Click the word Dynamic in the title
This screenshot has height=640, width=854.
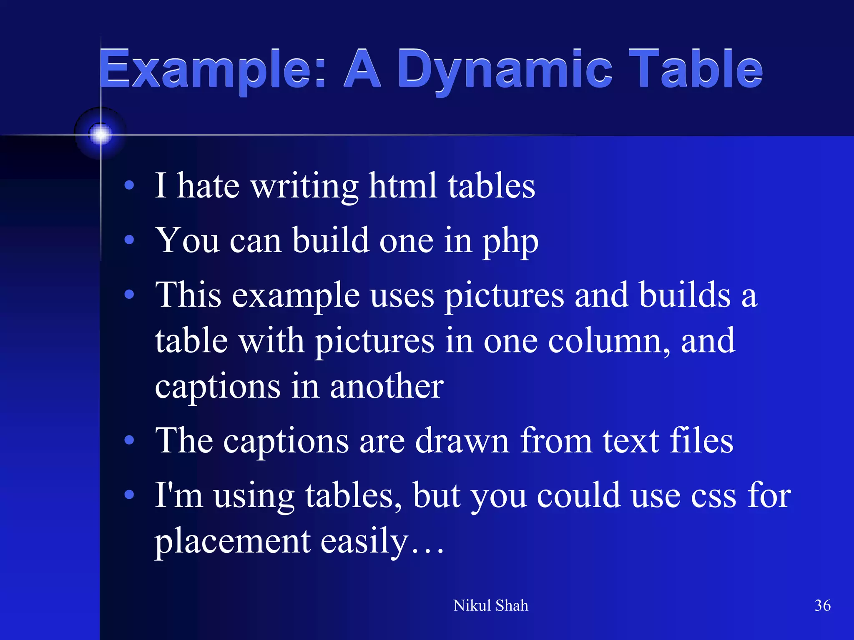click(x=505, y=70)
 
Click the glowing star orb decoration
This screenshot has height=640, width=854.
click(x=100, y=134)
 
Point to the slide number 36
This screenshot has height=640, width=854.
click(x=822, y=605)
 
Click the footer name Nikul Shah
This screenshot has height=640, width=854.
click(x=490, y=605)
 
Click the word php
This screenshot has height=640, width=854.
click(x=510, y=242)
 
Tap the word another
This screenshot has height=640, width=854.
click(x=387, y=386)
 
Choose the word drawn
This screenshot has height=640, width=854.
click(x=462, y=441)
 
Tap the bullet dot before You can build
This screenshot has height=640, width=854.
click(x=129, y=240)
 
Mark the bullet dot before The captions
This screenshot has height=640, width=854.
click(x=129, y=440)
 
